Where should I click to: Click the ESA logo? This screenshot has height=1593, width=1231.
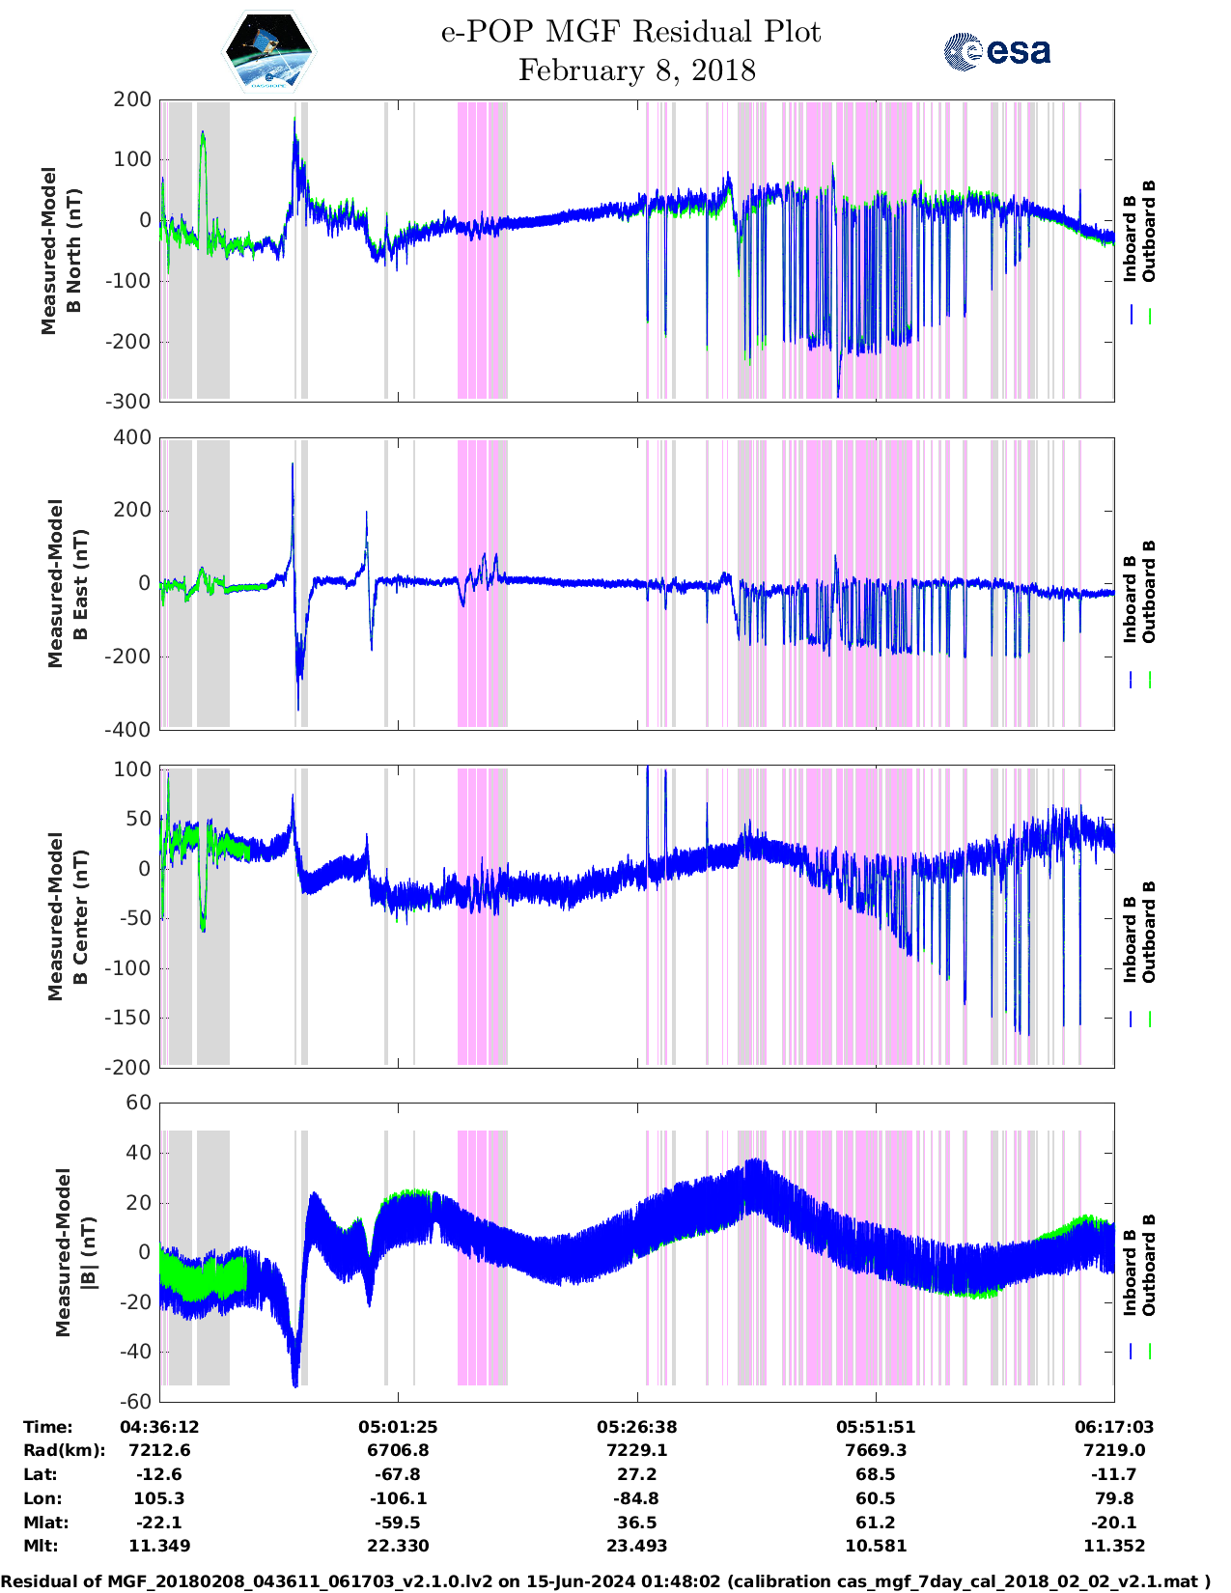pyautogui.click(x=996, y=51)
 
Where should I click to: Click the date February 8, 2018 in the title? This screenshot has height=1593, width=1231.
pyautogui.click(x=636, y=70)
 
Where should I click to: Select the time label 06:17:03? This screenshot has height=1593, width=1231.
pyautogui.click(x=1113, y=1426)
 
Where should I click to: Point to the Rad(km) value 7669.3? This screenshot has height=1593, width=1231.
pyautogui.click(x=875, y=1450)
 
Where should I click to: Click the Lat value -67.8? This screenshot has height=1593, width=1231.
pyautogui.click(x=398, y=1474)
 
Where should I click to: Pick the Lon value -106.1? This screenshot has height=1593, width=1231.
pyautogui.click(x=398, y=1498)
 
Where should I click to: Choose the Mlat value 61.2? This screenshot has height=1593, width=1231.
pyautogui.click(x=875, y=1523)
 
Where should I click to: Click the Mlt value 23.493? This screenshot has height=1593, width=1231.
pyautogui.click(x=636, y=1546)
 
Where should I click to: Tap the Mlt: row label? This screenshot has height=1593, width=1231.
pyautogui.click(x=41, y=1546)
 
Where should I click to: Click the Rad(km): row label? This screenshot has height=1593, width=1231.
pyautogui.click(x=64, y=1450)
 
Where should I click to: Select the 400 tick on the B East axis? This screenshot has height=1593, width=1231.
pyautogui.click(x=132, y=437)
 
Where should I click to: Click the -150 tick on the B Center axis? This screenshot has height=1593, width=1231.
pyautogui.click(x=128, y=1018)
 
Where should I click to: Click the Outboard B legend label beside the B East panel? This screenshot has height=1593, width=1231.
pyautogui.click(x=1149, y=592)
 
